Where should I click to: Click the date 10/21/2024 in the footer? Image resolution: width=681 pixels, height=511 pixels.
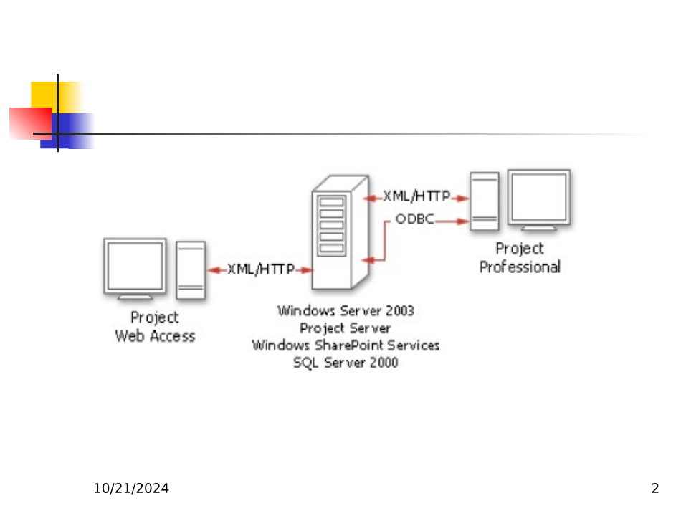pos(132,489)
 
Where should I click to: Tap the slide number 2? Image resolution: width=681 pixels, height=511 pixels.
pos(654,489)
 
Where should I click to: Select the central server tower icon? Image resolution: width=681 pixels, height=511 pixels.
pos(340,231)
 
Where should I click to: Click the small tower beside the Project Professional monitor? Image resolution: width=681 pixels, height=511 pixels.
pos(485,201)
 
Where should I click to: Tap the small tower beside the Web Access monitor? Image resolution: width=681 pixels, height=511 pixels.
pos(191,270)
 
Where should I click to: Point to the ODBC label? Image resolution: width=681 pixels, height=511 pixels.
pos(414,219)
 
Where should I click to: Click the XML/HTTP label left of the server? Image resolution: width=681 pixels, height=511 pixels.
pos(261,269)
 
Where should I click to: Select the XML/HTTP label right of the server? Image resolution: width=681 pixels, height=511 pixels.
pos(416,196)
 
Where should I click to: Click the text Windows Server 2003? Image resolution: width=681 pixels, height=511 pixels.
pos(346,311)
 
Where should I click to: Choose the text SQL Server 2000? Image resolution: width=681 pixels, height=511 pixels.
pos(346,363)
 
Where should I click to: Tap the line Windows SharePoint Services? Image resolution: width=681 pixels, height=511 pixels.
pos(346,345)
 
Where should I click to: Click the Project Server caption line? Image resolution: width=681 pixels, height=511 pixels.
pos(346,328)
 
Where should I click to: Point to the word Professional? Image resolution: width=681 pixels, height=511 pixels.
pos(520,267)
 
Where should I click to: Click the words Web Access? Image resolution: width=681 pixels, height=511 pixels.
pos(155,335)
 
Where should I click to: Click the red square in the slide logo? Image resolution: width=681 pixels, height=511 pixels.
pos(29,123)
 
